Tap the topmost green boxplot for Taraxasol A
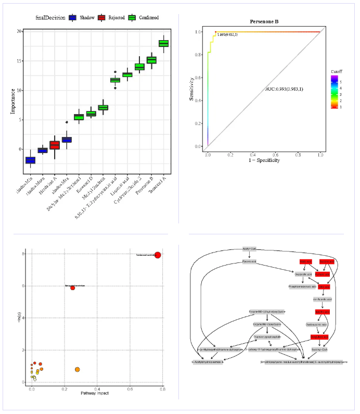tap(164, 43)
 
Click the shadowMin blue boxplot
tap(30, 160)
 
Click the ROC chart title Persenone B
tap(264, 22)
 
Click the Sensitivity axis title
tap(192, 89)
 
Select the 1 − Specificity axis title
tap(263, 160)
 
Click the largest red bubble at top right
tap(158, 255)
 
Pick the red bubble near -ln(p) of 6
tap(73, 288)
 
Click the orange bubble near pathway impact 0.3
tap(77, 369)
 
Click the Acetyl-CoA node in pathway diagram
tap(250, 249)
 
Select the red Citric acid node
tap(324, 286)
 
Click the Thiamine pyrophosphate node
tap(266, 336)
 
